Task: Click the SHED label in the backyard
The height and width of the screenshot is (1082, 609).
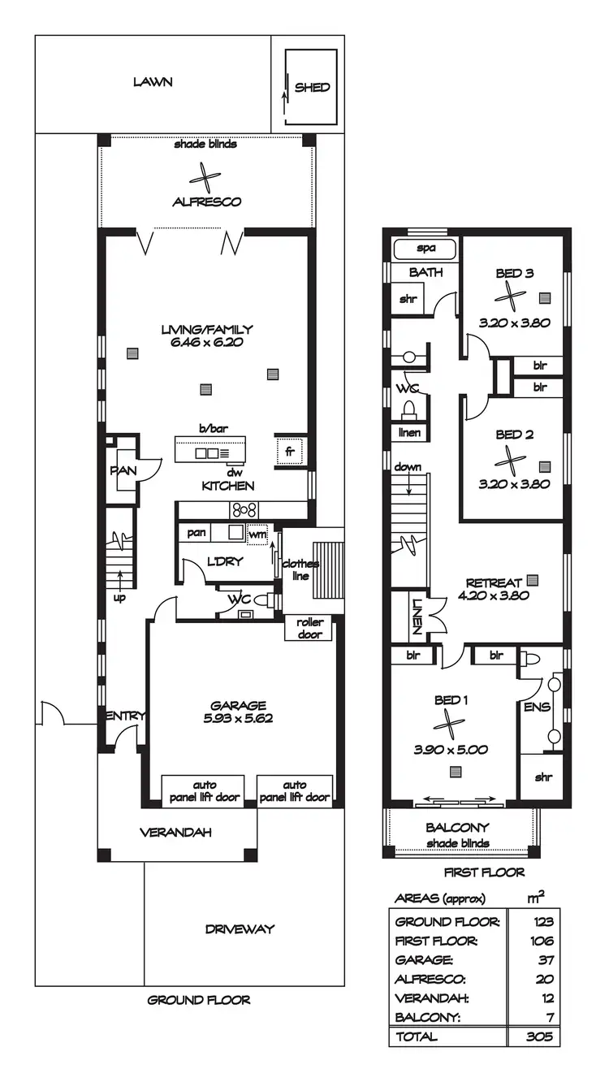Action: click(312, 88)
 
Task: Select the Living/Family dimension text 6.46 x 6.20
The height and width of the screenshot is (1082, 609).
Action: click(207, 343)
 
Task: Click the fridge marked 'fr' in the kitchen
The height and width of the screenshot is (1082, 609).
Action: click(288, 452)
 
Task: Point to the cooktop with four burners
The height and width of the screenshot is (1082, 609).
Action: click(245, 510)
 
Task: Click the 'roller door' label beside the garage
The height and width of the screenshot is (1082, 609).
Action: click(309, 628)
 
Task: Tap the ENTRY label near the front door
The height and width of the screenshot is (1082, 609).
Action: click(125, 716)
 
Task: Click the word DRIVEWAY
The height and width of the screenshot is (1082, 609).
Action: click(240, 928)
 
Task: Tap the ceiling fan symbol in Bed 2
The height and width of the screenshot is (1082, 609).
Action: click(511, 461)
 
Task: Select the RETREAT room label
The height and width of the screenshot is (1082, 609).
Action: click(493, 582)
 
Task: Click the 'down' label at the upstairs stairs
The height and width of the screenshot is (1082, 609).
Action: click(408, 467)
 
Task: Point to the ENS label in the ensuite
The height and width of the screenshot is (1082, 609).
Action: click(538, 707)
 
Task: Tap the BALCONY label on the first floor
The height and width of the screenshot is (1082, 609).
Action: click(459, 828)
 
